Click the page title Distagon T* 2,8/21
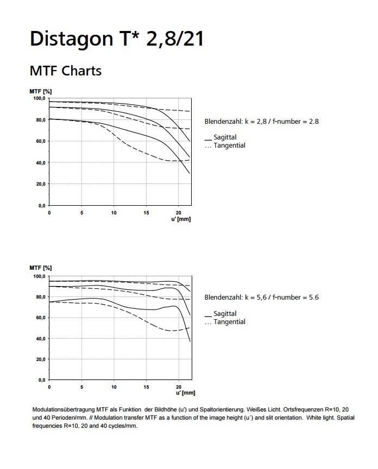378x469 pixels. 117,39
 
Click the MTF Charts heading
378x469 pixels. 66,71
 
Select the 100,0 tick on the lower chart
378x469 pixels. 39,276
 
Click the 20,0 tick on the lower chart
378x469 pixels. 40,359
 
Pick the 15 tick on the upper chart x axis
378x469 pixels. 146,213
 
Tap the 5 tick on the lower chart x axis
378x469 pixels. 81,387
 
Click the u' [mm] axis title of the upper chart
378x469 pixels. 181,219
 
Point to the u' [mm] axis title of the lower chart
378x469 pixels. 185,392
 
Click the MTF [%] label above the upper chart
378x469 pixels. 40,92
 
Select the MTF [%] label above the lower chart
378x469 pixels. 40,268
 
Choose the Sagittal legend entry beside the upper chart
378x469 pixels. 220,137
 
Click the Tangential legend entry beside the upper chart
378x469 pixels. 225,145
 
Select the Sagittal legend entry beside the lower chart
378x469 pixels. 220,313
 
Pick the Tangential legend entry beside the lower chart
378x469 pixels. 225,322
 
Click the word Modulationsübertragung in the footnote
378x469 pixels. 64,409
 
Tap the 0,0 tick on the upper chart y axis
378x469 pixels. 42,206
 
